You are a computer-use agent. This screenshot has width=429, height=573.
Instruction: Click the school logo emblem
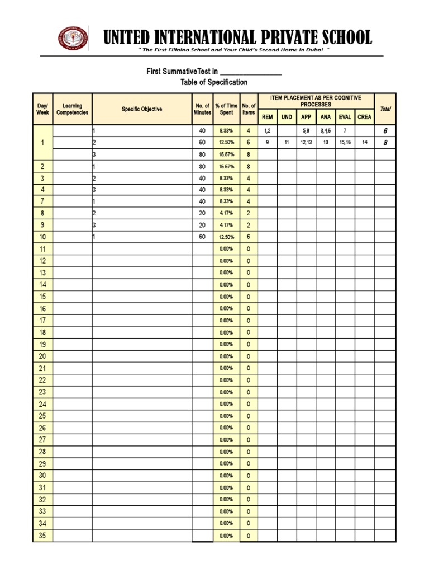[74, 38]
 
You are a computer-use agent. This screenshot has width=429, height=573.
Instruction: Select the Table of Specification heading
[214, 82]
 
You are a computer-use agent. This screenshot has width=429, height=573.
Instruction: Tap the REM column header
[268, 117]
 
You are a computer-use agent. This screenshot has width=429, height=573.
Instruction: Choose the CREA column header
[364, 117]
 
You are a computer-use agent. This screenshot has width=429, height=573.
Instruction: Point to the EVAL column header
[345, 117]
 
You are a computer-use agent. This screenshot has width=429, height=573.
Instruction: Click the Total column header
[385, 109]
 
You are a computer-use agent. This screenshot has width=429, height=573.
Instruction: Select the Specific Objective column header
[142, 109]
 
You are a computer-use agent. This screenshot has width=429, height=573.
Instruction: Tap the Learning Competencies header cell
[72, 109]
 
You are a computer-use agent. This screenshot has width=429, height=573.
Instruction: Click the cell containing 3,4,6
[326, 130]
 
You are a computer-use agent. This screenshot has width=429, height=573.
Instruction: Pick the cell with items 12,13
[306, 143]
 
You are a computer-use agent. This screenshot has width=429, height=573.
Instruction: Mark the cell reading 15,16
[345, 143]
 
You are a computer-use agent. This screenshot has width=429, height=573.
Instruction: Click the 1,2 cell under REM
[268, 130]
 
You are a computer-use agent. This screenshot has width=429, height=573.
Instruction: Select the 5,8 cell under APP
[306, 130]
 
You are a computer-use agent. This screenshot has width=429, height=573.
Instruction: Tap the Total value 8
[385, 143]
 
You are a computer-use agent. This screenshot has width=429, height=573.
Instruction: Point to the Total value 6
[385, 130]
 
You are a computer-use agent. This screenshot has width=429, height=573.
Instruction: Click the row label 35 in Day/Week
[43, 536]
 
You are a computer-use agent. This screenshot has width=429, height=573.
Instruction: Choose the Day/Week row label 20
[43, 356]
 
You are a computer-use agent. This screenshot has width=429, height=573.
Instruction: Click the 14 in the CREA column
[364, 143]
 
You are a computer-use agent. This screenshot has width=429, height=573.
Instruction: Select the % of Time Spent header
[226, 109]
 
